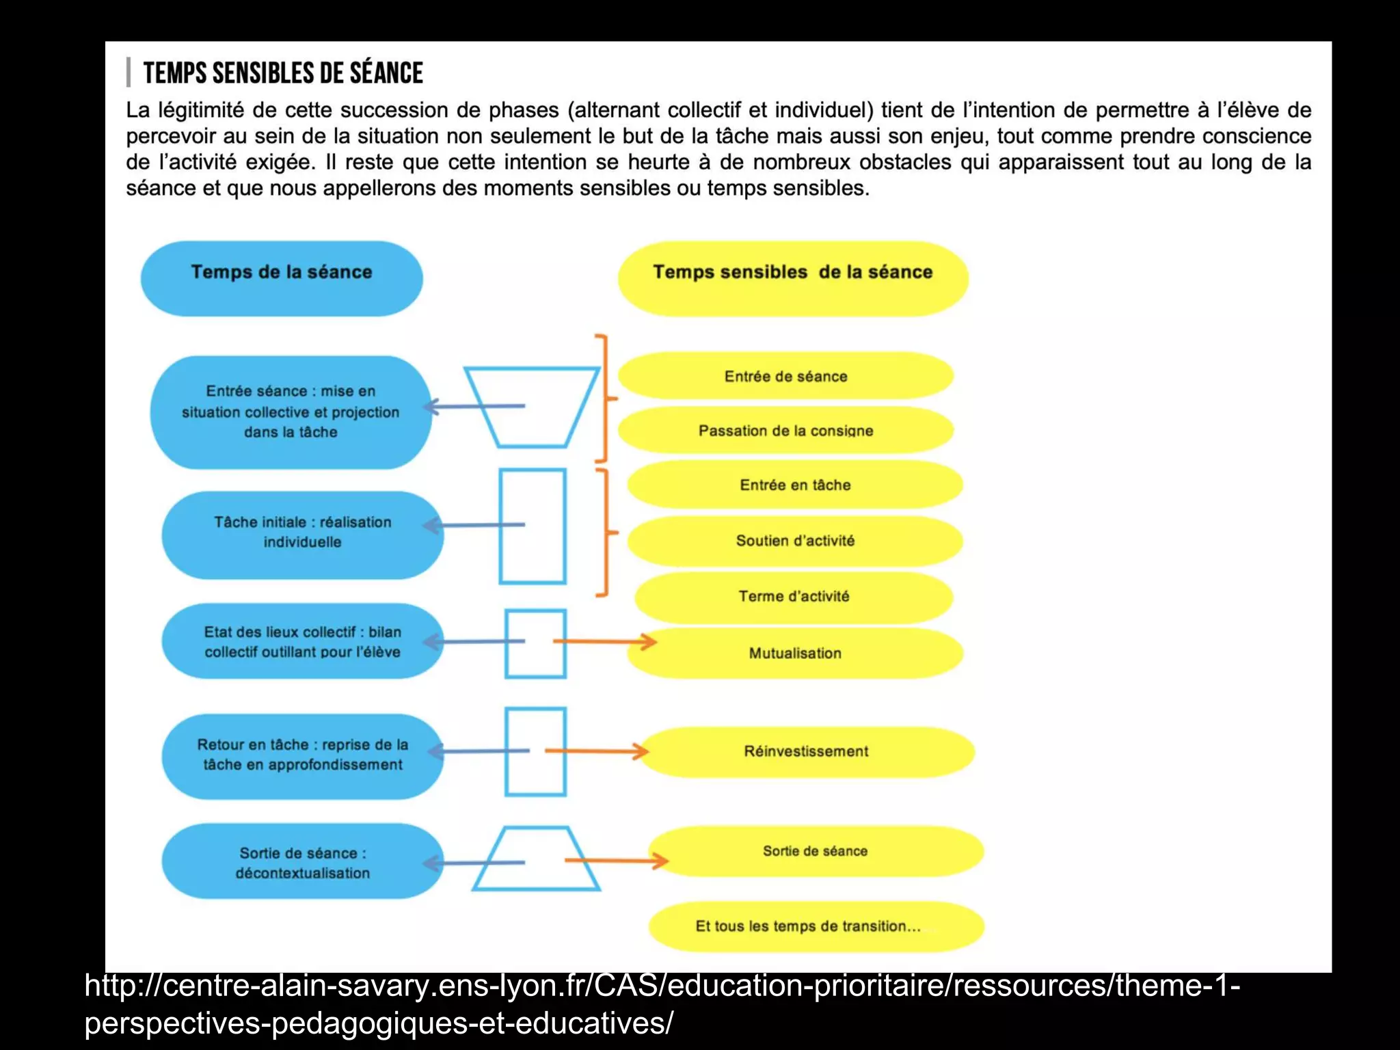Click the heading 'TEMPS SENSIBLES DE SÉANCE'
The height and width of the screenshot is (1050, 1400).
coord(283,73)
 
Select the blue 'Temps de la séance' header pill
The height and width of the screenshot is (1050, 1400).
coord(282,278)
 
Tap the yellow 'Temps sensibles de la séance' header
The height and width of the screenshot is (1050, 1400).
coord(793,278)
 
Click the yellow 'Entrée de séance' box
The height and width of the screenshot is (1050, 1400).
coord(785,376)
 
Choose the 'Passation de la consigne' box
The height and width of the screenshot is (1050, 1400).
coord(785,431)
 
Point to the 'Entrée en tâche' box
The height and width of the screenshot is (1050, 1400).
coord(795,485)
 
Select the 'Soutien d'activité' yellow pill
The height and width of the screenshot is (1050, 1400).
coord(795,541)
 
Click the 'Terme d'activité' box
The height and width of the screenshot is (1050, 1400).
coord(794,596)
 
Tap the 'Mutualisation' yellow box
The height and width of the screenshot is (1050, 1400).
coord(795,654)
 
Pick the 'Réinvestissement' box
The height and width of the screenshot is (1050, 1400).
coord(806,751)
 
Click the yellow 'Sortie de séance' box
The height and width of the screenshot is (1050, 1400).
coord(815,851)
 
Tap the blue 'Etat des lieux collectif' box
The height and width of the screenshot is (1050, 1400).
coord(302,641)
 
